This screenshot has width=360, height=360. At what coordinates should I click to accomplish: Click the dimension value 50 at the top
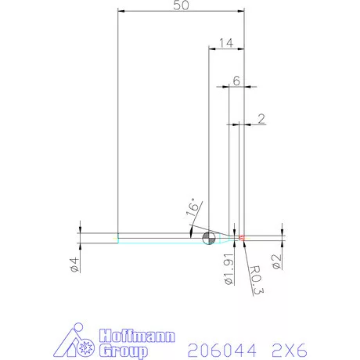pos(181,5)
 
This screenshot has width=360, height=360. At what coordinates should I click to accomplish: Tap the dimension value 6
pos(236,81)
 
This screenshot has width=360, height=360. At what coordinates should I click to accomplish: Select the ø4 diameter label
pos(74,264)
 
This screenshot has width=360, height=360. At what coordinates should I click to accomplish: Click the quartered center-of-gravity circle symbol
pos(208,238)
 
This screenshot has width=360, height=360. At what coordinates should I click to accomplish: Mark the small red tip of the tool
pos(243,236)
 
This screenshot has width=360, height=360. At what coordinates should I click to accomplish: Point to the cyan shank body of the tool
pos(157,238)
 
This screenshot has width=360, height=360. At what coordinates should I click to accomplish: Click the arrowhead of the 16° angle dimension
pos(193,231)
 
